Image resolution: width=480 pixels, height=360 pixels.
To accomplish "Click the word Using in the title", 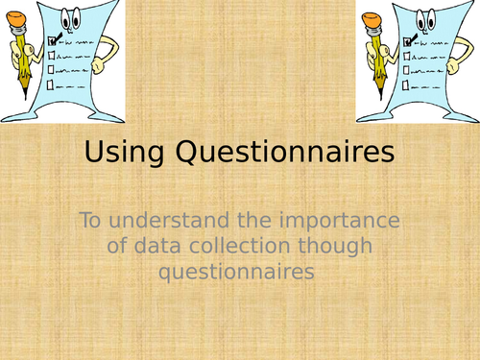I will tap(116, 152).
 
